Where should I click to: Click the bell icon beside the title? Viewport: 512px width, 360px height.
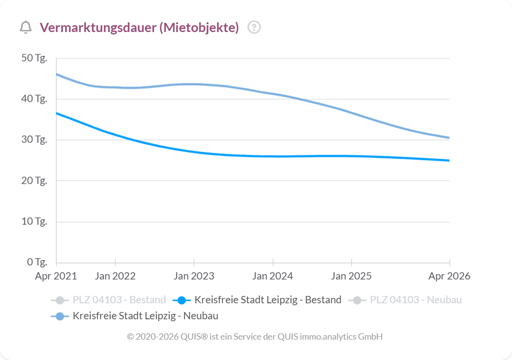tap(26, 28)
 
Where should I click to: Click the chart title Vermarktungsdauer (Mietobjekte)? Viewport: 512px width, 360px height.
tap(139, 28)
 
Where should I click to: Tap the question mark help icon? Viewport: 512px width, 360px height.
tap(254, 28)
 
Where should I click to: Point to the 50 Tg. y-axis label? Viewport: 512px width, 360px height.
tap(34, 58)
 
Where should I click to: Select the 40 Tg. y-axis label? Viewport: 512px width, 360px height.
tap(34, 99)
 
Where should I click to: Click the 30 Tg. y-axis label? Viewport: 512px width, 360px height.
tap(34, 140)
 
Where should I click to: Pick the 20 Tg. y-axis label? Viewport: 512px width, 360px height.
tap(34, 180)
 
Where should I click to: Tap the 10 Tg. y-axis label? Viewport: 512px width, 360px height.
tap(34, 222)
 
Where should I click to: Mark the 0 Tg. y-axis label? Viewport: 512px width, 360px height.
tap(36, 262)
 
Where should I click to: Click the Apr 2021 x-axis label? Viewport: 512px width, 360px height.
tap(56, 276)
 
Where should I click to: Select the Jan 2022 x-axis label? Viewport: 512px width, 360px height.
tap(115, 276)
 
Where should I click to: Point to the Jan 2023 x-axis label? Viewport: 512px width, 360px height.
tap(194, 276)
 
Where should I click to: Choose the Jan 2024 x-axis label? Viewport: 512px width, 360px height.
tap(273, 276)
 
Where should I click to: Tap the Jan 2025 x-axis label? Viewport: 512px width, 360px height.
tap(352, 276)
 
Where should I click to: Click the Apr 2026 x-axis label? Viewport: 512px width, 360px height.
tap(449, 276)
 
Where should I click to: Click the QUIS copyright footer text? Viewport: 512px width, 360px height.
tap(255, 336)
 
